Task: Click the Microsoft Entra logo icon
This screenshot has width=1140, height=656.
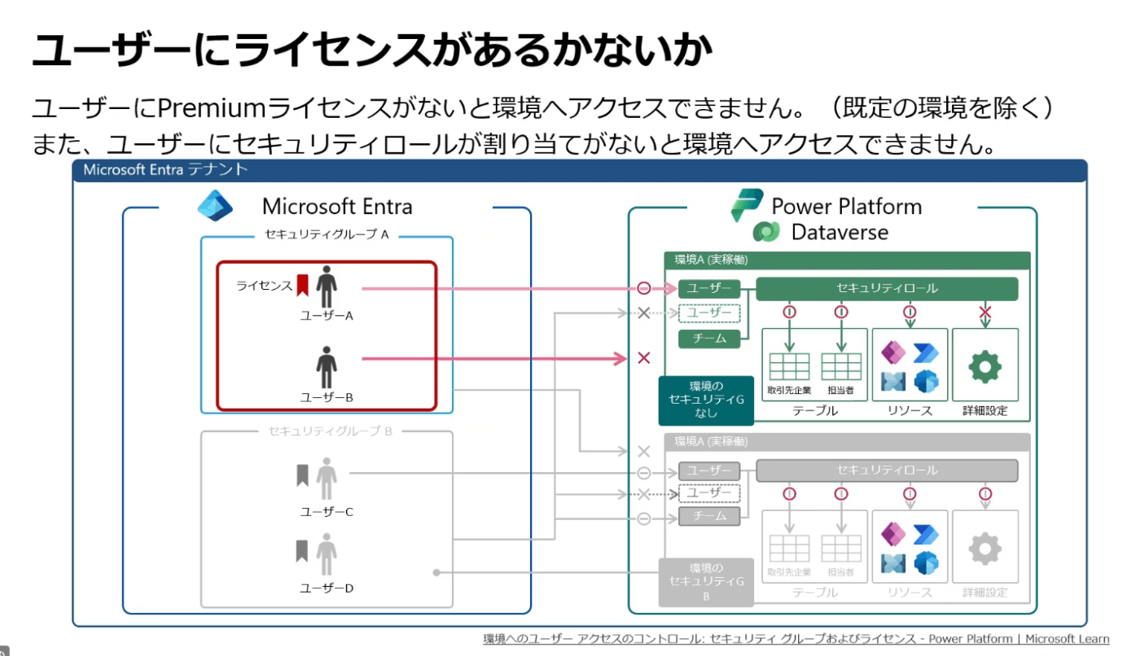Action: (x=215, y=205)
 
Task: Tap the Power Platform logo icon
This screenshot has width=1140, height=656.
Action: (x=747, y=204)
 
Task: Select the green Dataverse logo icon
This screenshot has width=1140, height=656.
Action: (x=766, y=232)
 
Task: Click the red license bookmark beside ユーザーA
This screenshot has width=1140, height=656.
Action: (x=302, y=285)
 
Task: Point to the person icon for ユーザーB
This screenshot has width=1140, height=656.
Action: (x=327, y=367)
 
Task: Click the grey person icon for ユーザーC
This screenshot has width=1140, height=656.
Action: (x=327, y=478)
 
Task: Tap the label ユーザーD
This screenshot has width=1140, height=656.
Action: (x=327, y=588)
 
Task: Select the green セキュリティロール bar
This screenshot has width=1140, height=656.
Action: (x=887, y=288)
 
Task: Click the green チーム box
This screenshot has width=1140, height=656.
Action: (x=709, y=339)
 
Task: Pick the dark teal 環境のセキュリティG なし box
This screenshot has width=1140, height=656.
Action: (x=706, y=400)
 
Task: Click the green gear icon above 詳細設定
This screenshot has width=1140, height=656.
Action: (x=984, y=366)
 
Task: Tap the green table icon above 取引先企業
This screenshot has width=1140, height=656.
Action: (x=789, y=366)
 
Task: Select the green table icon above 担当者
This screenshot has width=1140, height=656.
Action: (x=841, y=366)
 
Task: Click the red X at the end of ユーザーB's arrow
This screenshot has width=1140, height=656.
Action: (x=644, y=358)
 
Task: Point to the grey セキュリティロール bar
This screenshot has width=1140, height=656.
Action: (x=887, y=470)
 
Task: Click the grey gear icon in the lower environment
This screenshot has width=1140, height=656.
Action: (x=984, y=549)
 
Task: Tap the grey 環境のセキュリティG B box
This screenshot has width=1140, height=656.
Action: (x=706, y=582)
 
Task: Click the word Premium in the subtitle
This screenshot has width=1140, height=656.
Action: (x=212, y=107)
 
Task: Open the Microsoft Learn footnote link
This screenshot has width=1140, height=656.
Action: (x=796, y=639)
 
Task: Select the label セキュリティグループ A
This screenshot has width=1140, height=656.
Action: (x=327, y=234)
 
